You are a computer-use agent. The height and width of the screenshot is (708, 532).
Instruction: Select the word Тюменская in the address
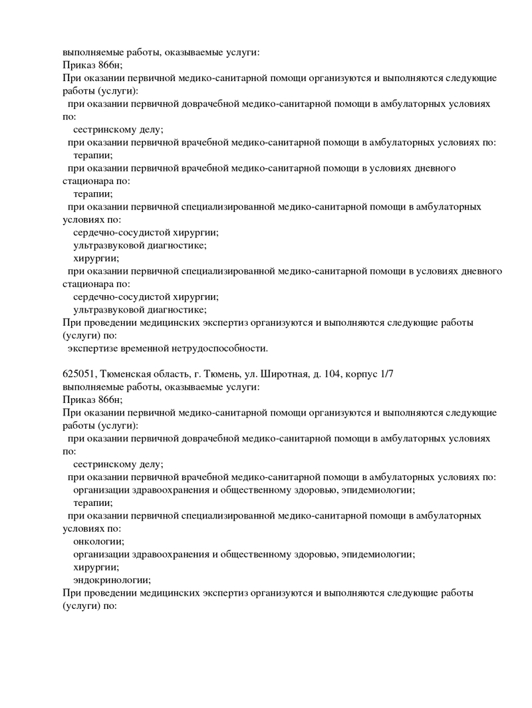tap(124, 374)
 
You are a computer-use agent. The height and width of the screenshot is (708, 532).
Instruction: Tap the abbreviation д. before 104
tap(329, 374)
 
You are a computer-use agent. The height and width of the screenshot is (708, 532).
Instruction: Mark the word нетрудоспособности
tap(220, 348)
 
